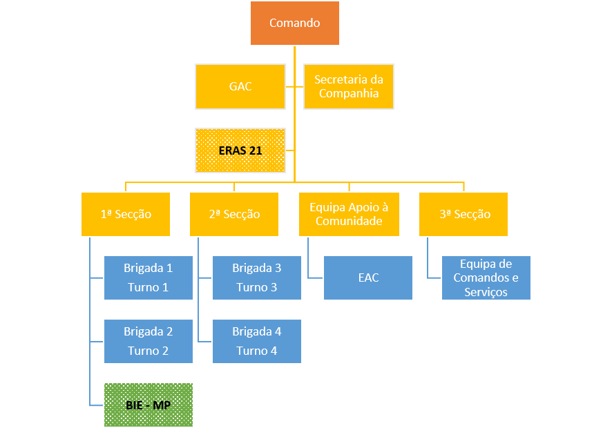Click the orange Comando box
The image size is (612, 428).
[295, 23]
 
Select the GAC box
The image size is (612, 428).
[240, 86]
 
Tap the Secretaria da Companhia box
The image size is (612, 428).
[349, 86]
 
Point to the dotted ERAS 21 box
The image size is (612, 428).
[240, 150]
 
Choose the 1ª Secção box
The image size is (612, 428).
[126, 214]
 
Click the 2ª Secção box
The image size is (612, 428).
[234, 214]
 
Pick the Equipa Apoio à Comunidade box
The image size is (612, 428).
[349, 214]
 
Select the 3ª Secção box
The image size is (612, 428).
[463, 214]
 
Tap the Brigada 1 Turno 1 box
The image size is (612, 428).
[149, 278]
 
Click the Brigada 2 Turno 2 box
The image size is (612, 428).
[149, 342]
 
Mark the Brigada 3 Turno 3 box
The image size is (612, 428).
[257, 278]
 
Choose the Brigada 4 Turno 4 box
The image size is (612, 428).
[257, 342]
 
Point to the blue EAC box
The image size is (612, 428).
[368, 278]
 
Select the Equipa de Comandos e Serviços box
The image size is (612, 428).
[486, 278]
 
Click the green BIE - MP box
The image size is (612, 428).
[149, 405]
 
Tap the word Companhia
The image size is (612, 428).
[349, 94]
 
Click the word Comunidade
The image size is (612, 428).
[349, 221]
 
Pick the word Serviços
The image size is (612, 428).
[486, 292]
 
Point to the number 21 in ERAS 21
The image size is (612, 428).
[256, 150]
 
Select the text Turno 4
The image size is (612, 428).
[257, 351]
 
